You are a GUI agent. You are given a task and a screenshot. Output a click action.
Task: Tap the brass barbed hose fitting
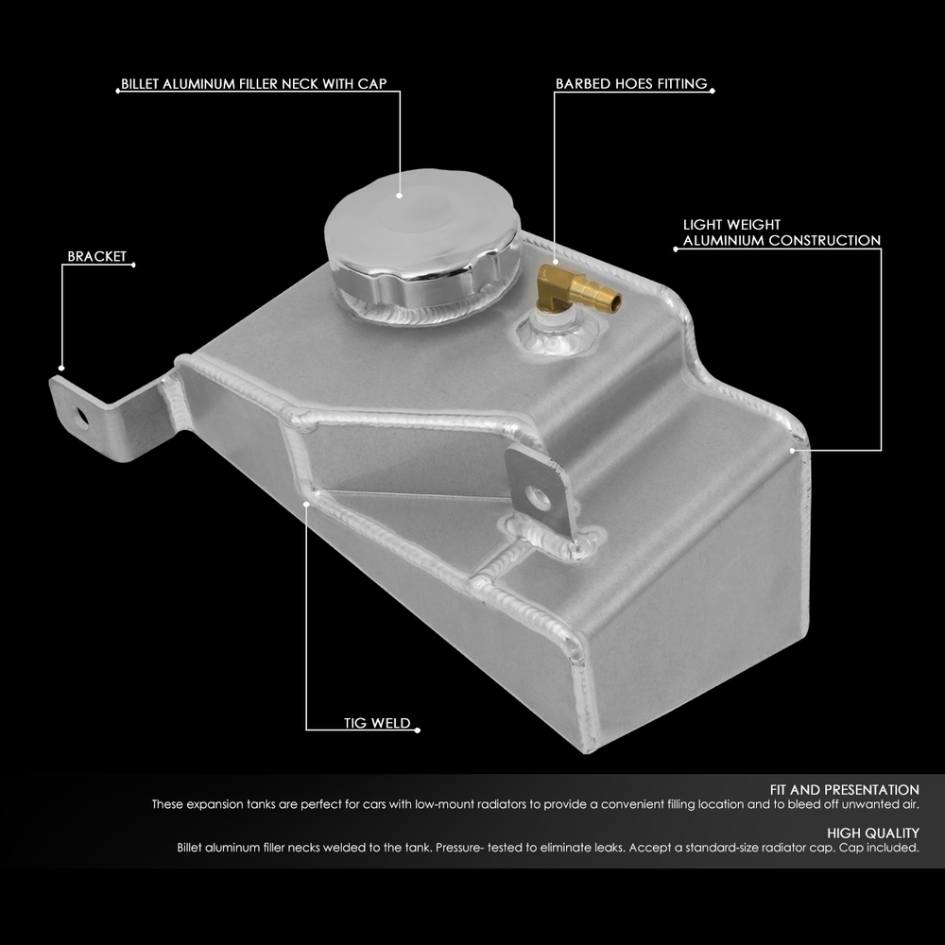point(576,291)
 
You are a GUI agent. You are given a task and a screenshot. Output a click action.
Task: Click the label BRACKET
point(96,256)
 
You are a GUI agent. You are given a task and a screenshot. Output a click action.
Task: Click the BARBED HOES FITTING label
point(630,84)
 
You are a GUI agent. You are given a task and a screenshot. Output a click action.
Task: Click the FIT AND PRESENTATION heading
point(845,789)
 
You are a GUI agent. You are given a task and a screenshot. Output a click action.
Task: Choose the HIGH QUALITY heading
point(872,833)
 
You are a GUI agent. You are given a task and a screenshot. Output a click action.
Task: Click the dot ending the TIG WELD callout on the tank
point(307,504)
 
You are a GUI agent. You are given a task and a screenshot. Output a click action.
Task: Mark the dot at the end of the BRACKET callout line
point(61,368)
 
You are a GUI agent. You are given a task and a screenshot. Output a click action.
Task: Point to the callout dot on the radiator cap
point(400,196)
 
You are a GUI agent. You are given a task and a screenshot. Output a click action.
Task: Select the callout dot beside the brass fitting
point(555,262)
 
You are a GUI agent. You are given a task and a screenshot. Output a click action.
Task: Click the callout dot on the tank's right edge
point(795,451)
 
